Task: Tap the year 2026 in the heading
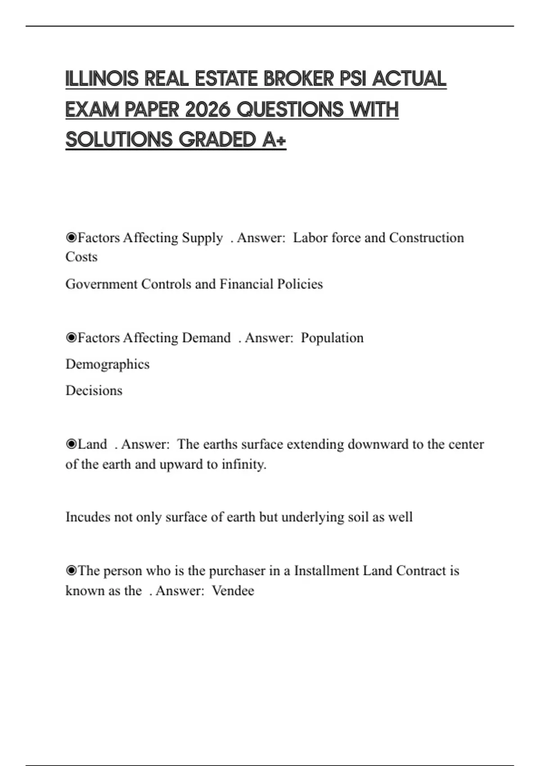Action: [207, 109]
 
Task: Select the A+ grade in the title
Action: [274, 140]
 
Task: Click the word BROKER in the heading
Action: [299, 79]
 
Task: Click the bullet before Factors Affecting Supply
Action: [71, 237]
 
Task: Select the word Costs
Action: [81, 257]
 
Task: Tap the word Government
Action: [101, 284]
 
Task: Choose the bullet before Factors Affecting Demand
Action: [71, 337]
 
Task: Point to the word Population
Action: [332, 338]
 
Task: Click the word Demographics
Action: [108, 364]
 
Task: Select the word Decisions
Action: [94, 390]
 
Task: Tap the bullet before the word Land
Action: [71, 444]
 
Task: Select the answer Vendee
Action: [233, 591]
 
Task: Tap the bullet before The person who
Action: [71, 571]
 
